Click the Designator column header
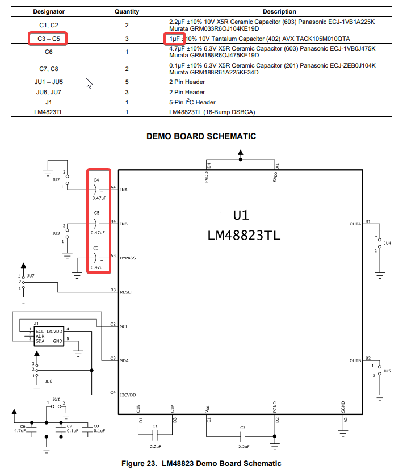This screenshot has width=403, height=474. click(x=49, y=11)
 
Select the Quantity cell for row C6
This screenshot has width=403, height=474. click(x=127, y=52)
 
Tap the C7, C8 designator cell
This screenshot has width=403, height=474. click(x=49, y=69)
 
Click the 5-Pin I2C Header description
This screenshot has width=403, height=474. click(x=192, y=102)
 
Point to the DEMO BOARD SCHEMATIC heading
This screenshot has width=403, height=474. click(x=201, y=136)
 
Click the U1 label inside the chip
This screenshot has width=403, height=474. click(x=241, y=215)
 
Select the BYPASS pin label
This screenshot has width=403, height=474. click(x=128, y=258)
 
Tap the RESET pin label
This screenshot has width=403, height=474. click(x=127, y=292)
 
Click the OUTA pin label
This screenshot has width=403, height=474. click(x=355, y=224)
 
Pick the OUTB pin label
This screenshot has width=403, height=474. click(x=355, y=360)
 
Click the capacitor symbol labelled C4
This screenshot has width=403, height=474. click(x=96, y=190)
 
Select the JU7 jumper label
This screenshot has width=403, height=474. click(x=31, y=276)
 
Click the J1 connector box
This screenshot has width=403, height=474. click(x=49, y=336)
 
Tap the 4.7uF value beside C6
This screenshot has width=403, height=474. click(x=20, y=431)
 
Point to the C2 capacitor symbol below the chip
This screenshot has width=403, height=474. click(x=243, y=436)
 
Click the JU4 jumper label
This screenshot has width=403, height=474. click(x=387, y=243)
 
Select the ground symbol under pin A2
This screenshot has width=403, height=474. click(x=343, y=434)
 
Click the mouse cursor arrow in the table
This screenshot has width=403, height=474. click(x=89, y=83)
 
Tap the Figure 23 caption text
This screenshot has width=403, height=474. click(x=201, y=463)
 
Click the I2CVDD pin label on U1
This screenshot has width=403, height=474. click(x=128, y=395)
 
